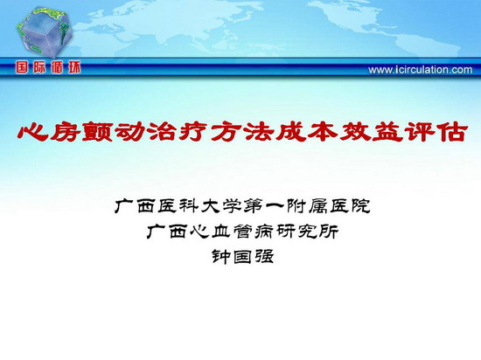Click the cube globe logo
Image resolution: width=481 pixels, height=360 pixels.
coord(45,32)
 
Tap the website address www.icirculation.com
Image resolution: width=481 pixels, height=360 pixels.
coord(421,70)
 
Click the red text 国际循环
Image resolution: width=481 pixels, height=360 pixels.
coord(48,67)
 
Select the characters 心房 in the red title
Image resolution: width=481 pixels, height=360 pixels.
coord(49,133)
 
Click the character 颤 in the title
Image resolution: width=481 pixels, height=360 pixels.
coord(98,133)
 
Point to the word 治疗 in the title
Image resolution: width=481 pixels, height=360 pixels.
coord(179,133)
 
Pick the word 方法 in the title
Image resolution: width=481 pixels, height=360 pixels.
coord(243,133)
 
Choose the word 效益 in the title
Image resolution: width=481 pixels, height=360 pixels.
coord(372,133)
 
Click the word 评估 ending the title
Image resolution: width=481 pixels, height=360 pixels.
coord(436,133)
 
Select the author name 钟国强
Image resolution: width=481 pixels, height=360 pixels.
coord(242,257)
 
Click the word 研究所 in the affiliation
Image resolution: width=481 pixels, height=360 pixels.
coord(307,232)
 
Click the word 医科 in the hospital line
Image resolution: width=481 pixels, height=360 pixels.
coord(178,206)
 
